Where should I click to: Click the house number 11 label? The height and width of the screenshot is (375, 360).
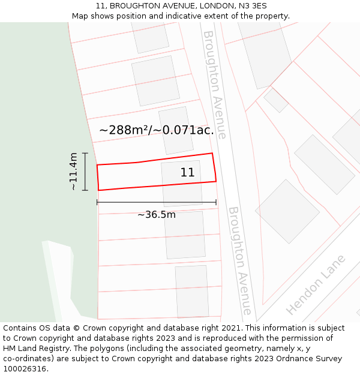pos(187,173)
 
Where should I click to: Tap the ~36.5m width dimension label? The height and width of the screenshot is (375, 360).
pos(157,215)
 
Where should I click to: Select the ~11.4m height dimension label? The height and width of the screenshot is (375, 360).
pos(74,172)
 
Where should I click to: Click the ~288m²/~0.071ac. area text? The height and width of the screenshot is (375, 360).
pos(157,130)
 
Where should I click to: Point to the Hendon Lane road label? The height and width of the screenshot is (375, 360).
pos(316,285)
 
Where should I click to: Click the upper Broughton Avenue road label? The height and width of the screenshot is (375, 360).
pos(214,85)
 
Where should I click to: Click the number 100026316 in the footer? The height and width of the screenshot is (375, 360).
pos(25,369)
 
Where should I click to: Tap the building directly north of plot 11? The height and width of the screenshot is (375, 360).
pos(176,130)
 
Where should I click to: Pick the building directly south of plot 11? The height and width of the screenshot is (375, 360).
pos(185,234)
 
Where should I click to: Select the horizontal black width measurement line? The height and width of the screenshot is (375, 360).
pos(157,202)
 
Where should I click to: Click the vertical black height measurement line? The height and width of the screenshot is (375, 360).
pos(85,172)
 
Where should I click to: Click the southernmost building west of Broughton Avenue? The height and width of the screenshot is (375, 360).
pos(192,292)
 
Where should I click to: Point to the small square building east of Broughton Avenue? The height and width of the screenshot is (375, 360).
pos(276,100)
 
